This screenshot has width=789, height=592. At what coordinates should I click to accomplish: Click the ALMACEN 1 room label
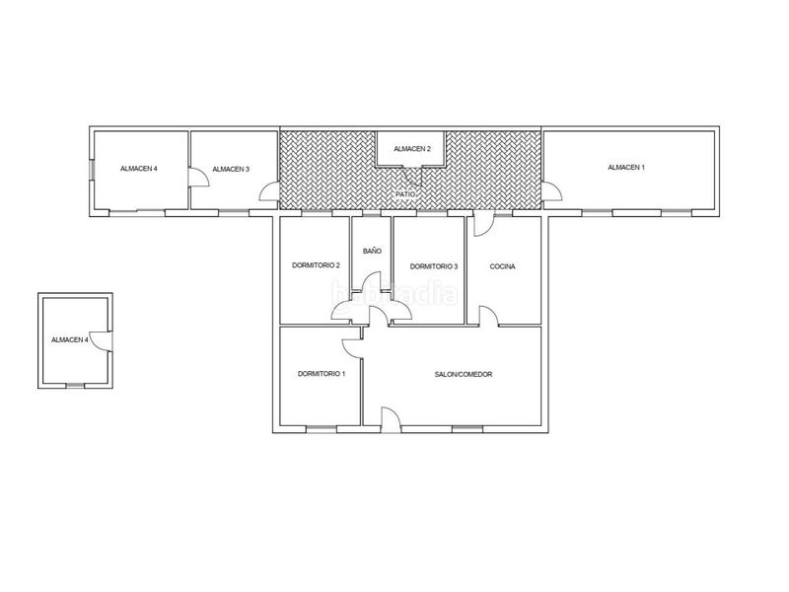(626, 167)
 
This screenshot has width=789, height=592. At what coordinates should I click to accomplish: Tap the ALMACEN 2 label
(412, 149)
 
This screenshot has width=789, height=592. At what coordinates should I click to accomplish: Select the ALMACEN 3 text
(231, 169)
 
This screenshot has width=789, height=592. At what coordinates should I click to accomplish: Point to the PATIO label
(405, 193)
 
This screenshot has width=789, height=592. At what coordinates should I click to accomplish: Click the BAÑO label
(373, 251)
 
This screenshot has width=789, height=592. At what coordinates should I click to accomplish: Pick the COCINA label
(502, 266)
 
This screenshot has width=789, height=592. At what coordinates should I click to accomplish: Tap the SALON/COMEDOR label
(464, 374)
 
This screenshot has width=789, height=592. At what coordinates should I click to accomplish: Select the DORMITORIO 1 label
(322, 374)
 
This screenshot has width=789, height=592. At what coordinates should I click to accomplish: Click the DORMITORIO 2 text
(316, 265)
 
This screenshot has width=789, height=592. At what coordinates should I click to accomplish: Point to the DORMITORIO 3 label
(434, 266)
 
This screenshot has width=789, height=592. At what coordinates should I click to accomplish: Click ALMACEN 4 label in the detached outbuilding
(70, 339)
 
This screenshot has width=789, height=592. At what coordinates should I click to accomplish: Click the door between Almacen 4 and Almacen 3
(199, 177)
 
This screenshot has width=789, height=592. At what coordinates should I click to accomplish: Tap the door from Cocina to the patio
(483, 225)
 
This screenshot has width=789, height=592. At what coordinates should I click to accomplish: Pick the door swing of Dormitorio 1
(352, 348)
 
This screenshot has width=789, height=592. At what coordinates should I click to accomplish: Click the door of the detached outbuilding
(101, 340)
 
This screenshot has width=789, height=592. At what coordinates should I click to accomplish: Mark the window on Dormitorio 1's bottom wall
(322, 429)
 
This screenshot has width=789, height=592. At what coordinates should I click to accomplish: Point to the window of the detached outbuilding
(76, 386)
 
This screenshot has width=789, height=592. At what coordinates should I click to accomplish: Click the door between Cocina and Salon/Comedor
(488, 316)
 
